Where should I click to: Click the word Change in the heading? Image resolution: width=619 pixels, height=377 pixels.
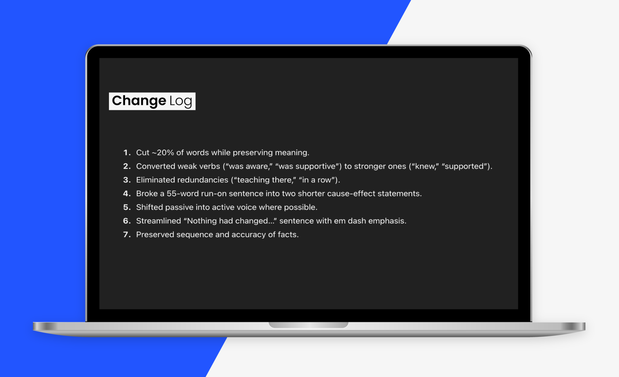pos(139,101)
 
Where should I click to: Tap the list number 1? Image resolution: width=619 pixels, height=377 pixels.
pos(127,153)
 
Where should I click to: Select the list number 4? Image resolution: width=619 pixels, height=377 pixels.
pos(127,193)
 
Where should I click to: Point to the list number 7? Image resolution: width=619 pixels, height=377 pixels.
pos(127,234)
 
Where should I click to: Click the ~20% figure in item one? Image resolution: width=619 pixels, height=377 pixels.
pos(163,153)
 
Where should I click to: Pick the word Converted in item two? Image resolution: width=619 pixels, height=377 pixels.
pos(155,166)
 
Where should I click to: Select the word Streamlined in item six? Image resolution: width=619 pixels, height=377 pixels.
pos(159,221)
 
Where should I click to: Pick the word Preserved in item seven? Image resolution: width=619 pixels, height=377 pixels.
pos(155,234)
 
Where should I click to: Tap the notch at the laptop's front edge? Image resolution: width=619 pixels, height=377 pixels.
pos(309,325)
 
